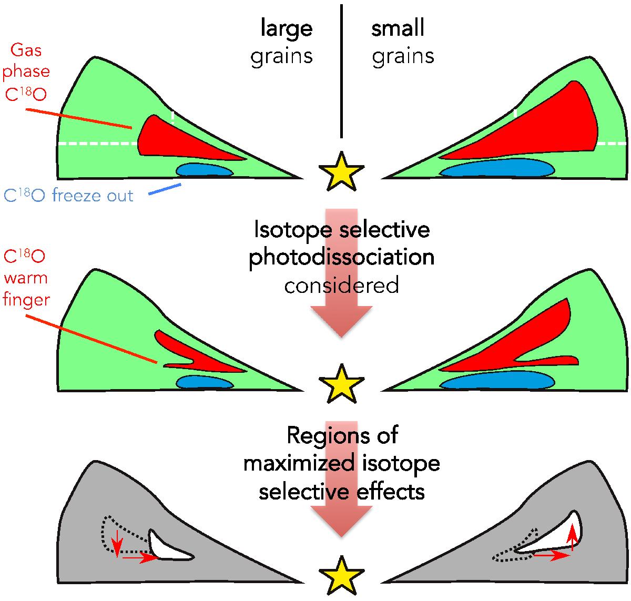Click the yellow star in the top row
[341, 172]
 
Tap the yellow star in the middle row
[341, 384]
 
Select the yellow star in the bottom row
[341, 575]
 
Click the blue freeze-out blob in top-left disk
[205, 170]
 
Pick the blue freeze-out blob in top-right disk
[497, 168]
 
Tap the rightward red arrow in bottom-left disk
[140, 558]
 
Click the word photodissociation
[341, 258]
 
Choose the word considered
[341, 285]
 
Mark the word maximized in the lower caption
[299, 464]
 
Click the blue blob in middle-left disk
[205, 382]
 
